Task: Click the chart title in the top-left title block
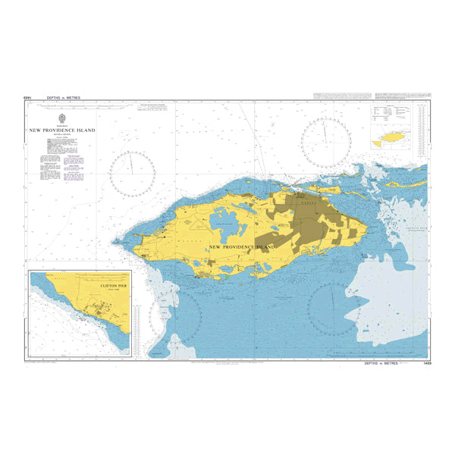[x=62, y=130]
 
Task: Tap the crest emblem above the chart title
[x=62, y=119]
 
